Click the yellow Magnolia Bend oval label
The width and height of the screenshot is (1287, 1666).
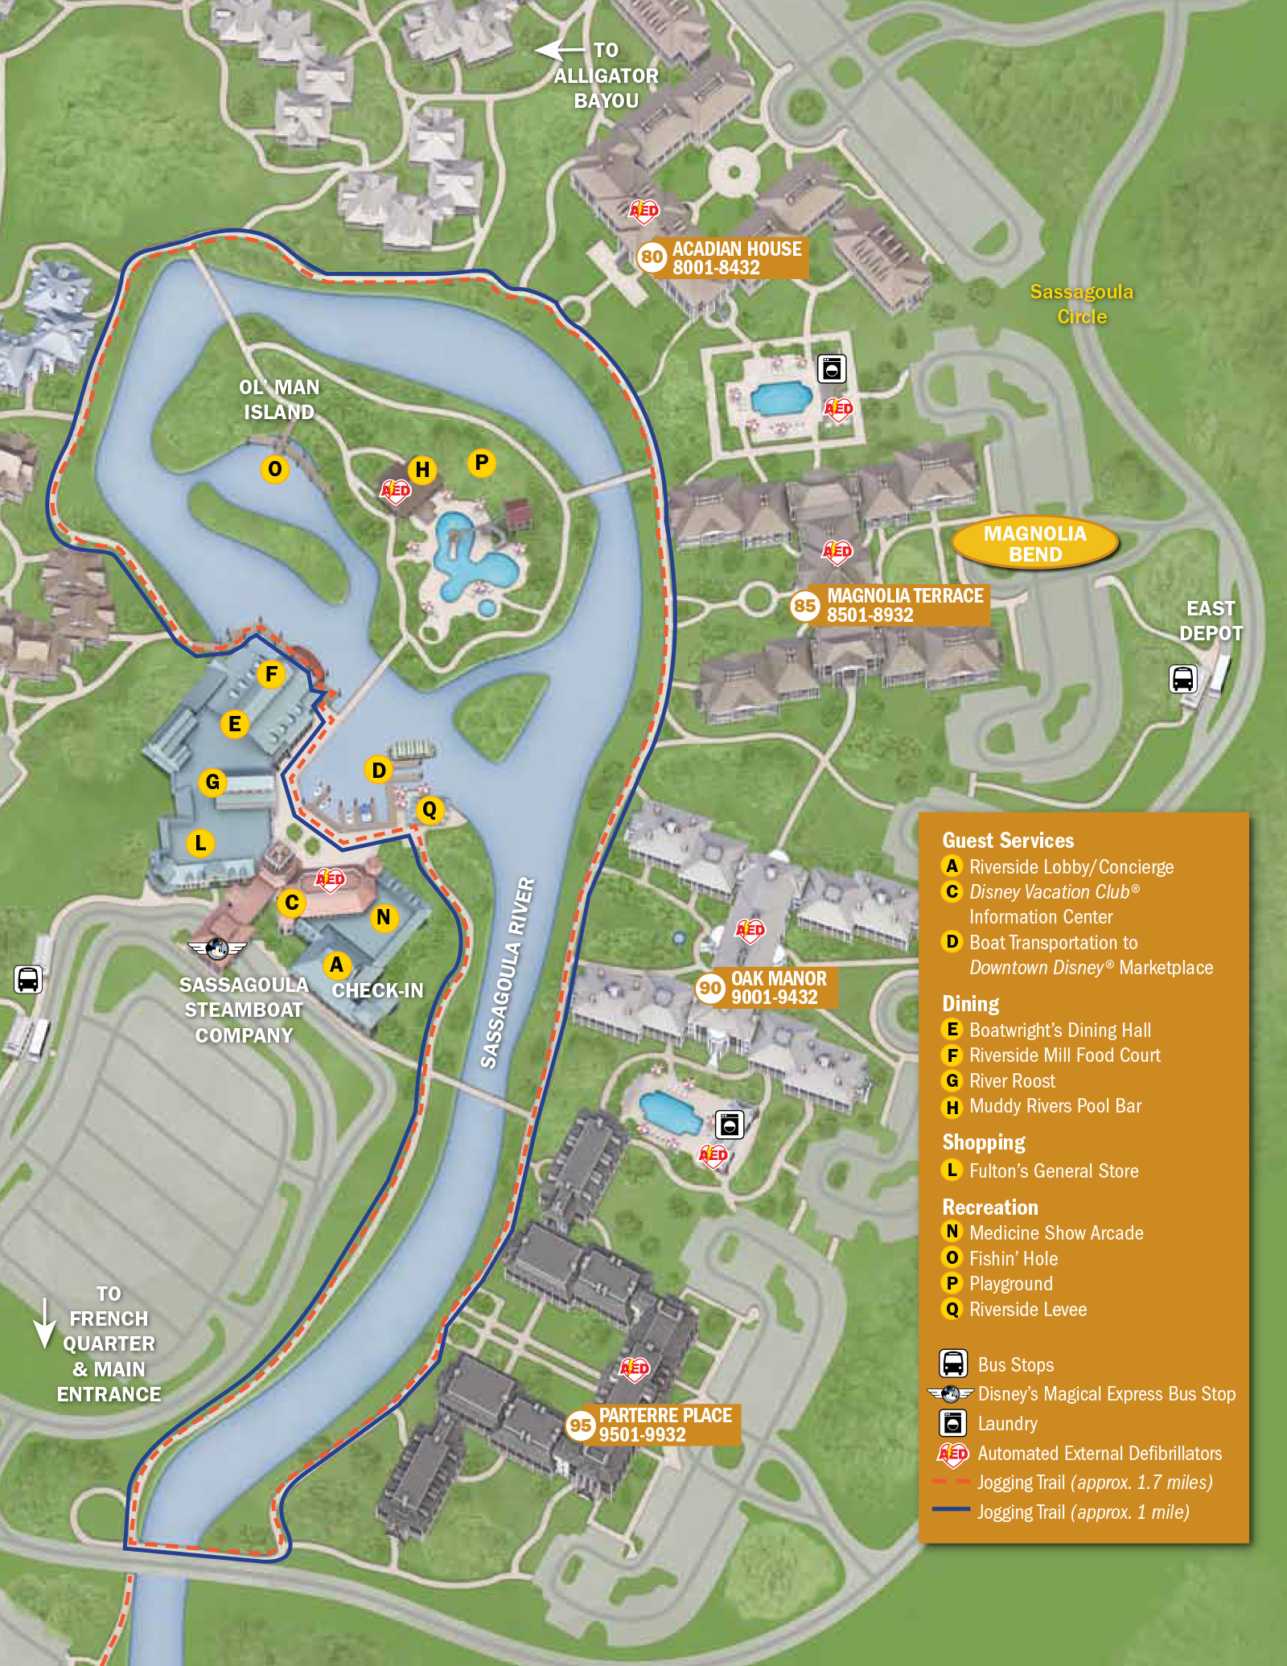pos(1034,543)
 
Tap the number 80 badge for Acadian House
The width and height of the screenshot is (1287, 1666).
pos(651,257)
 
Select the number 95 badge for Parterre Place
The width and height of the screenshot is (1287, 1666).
pos(580,1425)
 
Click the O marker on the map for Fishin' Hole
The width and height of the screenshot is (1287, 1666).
pos(274,469)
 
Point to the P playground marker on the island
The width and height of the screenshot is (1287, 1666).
pos(481,463)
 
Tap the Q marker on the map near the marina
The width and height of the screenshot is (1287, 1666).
pos(430,809)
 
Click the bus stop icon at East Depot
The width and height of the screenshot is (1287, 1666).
pos(1182,679)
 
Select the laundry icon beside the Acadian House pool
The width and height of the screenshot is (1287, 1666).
pos(832,369)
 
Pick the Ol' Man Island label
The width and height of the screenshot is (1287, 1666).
pos(278,399)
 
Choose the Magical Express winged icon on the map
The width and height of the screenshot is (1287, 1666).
pos(216,949)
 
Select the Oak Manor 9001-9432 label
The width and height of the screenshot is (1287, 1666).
pos(777,987)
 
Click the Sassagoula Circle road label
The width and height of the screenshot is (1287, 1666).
pos(1081,303)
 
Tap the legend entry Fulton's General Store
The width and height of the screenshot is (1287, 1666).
pos(1053,1170)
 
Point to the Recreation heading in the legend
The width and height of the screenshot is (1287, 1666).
pos(989,1207)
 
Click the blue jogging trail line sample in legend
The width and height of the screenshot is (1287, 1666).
pos(951,1509)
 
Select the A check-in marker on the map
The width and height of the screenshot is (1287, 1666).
pos(336,965)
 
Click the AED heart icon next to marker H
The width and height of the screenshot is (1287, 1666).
pos(395,491)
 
